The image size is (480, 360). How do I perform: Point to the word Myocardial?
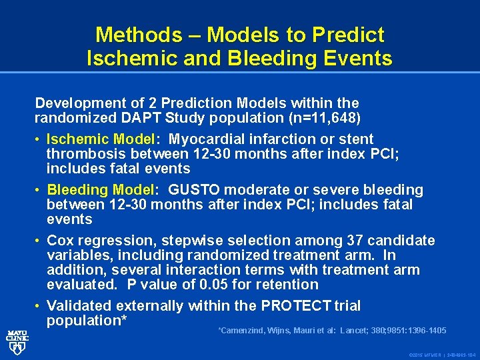207,139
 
